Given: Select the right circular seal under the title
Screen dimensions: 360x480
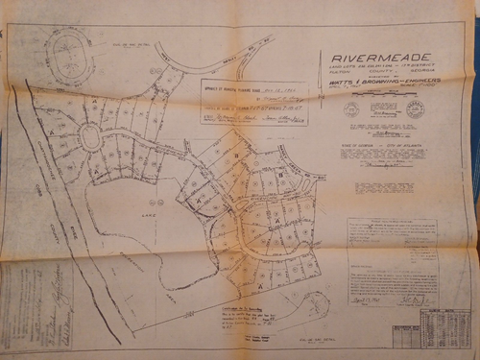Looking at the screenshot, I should (414, 108).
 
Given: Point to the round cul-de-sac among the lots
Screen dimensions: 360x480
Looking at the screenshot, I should (91, 138).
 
